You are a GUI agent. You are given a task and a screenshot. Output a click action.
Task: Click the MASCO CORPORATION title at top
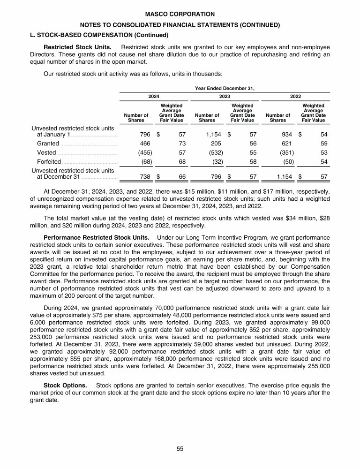pyautogui.click(x=180, y=15)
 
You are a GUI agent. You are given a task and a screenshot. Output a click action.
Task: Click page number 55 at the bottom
pyautogui.click(x=180, y=449)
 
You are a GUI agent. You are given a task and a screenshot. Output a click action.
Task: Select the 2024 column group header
pyautogui.click(x=154, y=96)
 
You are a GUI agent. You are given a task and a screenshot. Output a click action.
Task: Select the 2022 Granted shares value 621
pyautogui.click(x=285, y=144)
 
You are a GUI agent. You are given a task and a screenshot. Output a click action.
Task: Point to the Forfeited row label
pyautogui.click(x=49, y=162)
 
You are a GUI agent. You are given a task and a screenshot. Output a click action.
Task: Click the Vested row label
pyautogui.click(x=47, y=152)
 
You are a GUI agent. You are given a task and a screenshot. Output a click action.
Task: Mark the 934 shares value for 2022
pyautogui.click(x=285, y=135)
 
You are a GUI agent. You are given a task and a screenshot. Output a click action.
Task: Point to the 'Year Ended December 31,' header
pyautogui.click(x=225, y=87)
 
